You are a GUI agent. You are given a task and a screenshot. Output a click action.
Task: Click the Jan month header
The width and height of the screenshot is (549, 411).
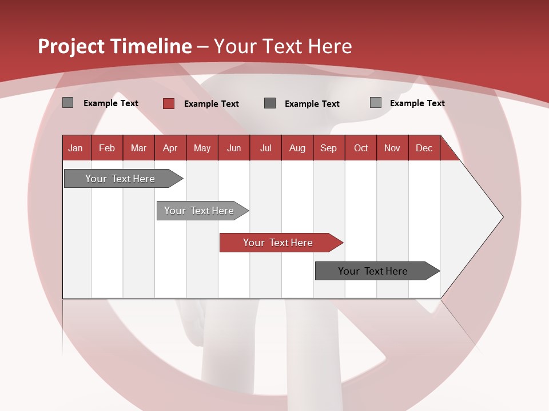pos(75,148)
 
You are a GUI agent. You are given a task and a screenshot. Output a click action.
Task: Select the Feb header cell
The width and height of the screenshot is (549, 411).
pos(107,148)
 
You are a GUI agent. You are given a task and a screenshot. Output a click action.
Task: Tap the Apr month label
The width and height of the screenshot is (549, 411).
pos(170,148)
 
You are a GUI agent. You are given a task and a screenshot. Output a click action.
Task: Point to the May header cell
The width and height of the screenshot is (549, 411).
pos(202,148)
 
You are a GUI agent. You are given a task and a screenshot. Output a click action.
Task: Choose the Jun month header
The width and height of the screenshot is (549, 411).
pos(234,148)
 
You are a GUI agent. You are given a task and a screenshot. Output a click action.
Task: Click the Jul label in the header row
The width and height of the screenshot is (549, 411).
pos(265,148)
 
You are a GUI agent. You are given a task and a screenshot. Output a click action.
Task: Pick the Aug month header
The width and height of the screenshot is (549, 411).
pos(297,148)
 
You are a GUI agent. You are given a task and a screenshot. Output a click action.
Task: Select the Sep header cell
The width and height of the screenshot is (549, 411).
pos(329,148)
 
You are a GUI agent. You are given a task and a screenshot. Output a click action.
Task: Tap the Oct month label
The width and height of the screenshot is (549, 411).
pos(361,148)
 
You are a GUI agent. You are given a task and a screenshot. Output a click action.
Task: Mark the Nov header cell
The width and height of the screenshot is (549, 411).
pos(392,148)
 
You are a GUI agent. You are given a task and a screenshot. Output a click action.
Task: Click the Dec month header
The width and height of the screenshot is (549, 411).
pos(424,148)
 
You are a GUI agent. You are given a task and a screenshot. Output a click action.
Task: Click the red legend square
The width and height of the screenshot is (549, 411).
pos(168,103)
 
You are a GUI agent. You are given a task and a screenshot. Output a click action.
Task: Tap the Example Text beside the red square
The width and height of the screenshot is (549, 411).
pos(212,104)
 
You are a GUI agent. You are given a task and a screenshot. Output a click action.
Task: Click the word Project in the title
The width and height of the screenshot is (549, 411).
pos(72,46)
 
